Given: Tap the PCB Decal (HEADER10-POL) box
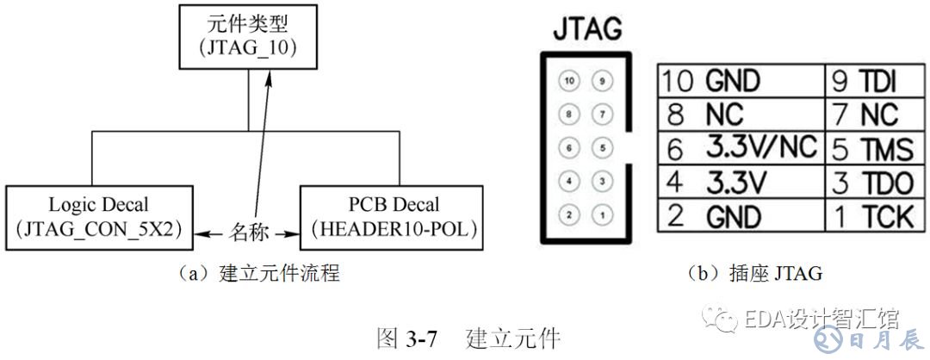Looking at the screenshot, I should [387, 217].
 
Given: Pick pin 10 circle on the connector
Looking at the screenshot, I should [568, 81].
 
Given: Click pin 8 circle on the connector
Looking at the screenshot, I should [568, 114].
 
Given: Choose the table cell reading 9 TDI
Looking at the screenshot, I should [871, 80].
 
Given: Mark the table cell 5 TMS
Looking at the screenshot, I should [871, 148].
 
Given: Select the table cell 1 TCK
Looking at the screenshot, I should [871, 215].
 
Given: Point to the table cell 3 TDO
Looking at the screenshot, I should [871, 182].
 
